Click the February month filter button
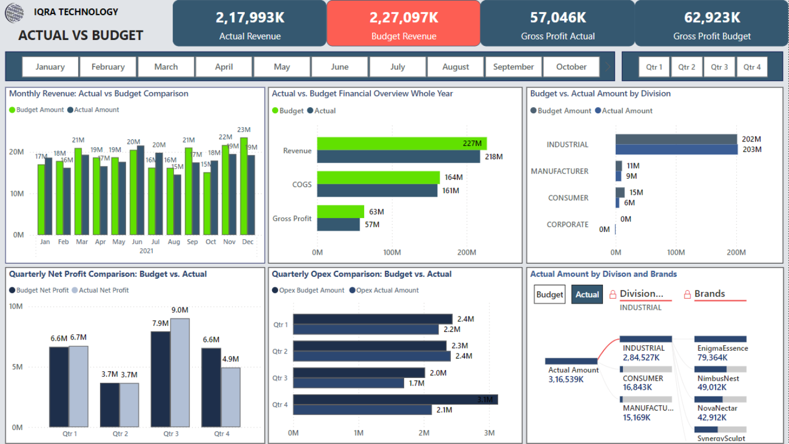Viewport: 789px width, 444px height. [x=108, y=67]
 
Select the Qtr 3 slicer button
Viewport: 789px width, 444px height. [x=719, y=67]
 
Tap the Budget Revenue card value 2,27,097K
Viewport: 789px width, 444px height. [x=404, y=18]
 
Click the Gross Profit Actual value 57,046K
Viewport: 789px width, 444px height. [x=557, y=18]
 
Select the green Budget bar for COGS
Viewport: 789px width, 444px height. [x=378, y=178]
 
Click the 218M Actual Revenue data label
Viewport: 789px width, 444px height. [x=493, y=157]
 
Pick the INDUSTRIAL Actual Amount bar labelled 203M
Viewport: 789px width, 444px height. [x=676, y=150]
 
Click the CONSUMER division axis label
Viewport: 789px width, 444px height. [x=567, y=198]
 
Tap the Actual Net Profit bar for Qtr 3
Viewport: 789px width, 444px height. [x=180, y=372]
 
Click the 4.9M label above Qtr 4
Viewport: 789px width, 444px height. [x=230, y=359]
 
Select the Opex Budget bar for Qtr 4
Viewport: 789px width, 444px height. [x=395, y=400]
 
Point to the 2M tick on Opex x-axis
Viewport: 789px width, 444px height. [x=424, y=433]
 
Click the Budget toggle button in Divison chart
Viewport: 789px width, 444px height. [x=549, y=295]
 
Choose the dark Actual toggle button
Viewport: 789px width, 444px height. [x=587, y=295]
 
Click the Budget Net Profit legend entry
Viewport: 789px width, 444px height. [x=39, y=290]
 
